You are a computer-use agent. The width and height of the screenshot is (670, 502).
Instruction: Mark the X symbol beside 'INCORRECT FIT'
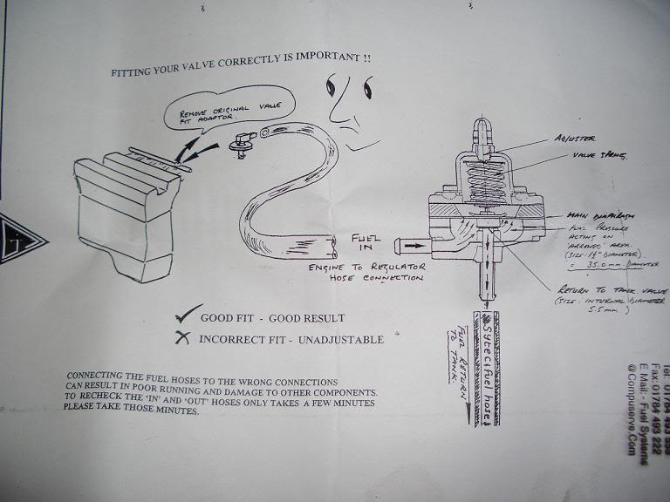coord(181,337)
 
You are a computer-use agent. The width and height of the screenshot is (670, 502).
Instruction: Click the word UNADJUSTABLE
coord(343,338)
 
